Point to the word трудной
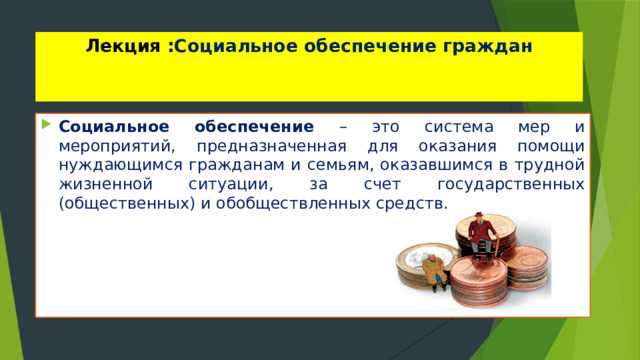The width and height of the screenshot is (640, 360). pos(549,165)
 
